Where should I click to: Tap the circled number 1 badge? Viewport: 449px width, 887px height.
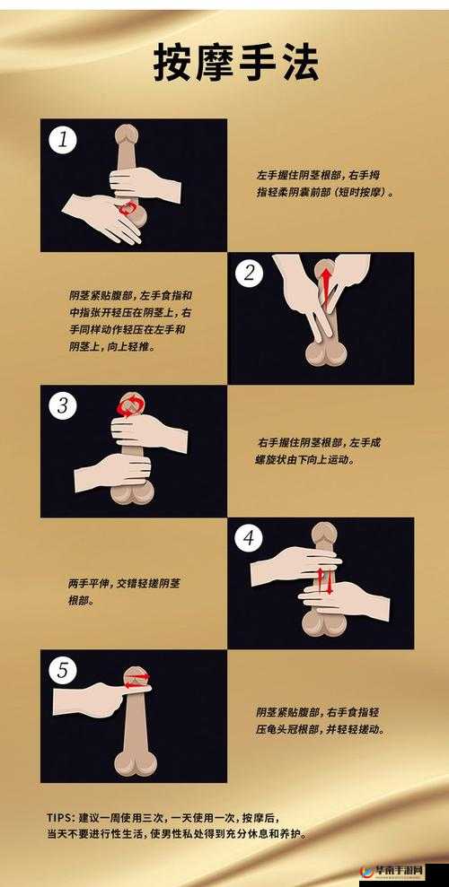tap(63, 140)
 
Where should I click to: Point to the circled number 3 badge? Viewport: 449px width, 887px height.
tap(63, 405)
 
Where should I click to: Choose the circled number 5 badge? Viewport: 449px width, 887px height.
tap(63, 671)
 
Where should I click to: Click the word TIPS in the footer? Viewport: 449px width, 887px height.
tap(60, 817)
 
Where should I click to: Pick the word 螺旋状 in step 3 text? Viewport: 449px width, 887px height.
tap(274, 459)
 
